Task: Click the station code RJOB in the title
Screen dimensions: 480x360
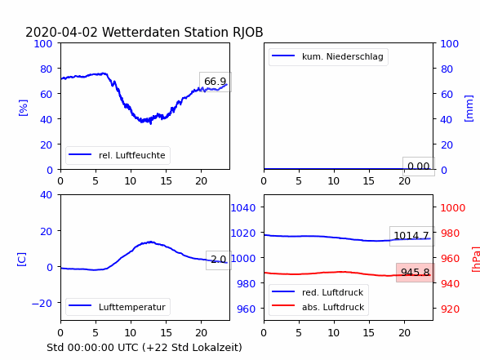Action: click(x=247, y=33)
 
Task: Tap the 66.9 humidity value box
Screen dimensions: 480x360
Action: click(x=216, y=82)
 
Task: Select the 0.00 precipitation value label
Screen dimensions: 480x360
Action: click(x=419, y=167)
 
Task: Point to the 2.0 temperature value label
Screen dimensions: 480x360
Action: click(x=218, y=260)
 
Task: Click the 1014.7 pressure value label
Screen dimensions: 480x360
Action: click(x=411, y=236)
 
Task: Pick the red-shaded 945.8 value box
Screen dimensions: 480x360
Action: click(x=415, y=273)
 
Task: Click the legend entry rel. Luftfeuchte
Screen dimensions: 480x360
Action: click(x=118, y=155)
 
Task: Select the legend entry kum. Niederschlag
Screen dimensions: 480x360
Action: click(x=327, y=56)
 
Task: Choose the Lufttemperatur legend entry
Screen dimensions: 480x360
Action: click(x=118, y=307)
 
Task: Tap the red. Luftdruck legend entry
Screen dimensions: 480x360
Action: click(x=318, y=292)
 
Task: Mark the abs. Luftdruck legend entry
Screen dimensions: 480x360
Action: click(x=318, y=307)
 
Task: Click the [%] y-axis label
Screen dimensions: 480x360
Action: click(x=23, y=108)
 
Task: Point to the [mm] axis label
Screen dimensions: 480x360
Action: click(x=469, y=109)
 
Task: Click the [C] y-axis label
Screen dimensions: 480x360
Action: click(x=21, y=260)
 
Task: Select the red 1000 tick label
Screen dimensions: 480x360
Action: click(x=453, y=208)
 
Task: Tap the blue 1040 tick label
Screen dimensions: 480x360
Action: click(x=243, y=208)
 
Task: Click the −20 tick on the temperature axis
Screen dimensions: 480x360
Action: click(x=42, y=304)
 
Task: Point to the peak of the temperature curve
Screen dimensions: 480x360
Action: click(x=150, y=242)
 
